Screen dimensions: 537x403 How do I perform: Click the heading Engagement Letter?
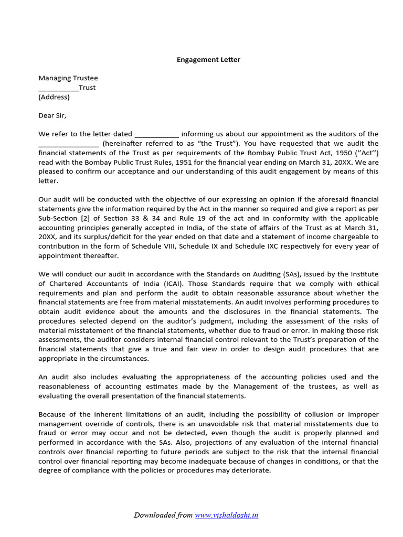208,60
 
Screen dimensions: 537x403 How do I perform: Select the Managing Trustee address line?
68,78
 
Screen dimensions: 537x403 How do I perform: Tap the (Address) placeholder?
54,97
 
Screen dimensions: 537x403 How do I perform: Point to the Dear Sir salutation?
52,115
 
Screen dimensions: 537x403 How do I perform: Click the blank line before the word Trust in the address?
58,88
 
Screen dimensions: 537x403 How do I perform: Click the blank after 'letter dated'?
157,134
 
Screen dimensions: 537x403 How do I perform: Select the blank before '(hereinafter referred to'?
68,144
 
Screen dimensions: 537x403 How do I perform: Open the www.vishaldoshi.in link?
226,515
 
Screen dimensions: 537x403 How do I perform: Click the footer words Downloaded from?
163,515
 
